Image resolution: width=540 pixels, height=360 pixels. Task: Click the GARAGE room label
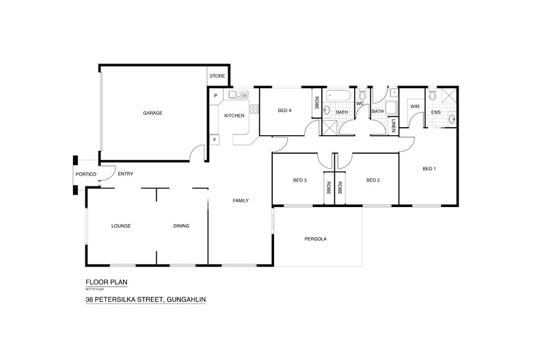coord(152,113)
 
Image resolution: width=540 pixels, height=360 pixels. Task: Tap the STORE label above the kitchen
coord(217,77)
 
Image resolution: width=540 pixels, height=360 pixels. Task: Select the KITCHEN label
coord(234,116)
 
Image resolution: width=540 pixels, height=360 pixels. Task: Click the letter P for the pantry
coord(215,96)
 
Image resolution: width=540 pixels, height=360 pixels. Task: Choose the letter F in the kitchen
coord(215,139)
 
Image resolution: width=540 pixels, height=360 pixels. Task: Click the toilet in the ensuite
coord(433,94)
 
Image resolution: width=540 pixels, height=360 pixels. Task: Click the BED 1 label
coord(429,169)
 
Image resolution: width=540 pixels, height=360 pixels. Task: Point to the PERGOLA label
coord(314,240)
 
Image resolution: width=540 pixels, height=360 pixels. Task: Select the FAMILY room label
coord(240,200)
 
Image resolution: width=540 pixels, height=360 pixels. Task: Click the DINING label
coord(181,226)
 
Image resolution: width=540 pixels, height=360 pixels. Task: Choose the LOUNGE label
coord(121,226)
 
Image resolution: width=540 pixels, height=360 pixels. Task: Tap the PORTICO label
coord(86,175)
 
